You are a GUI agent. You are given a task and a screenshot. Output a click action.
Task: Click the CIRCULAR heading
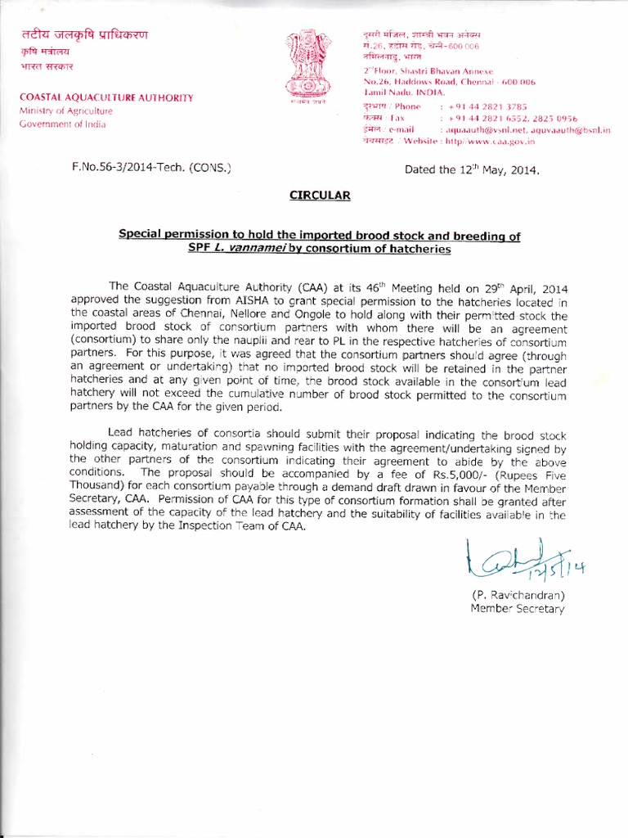tap(320, 196)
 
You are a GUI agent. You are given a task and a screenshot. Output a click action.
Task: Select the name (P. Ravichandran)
tap(517, 593)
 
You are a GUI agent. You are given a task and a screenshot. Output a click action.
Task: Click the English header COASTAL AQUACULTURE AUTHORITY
tap(107, 98)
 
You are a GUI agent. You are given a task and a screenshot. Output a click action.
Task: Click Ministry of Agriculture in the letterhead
tap(66, 111)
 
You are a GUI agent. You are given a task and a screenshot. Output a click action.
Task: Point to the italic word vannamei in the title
tap(253, 249)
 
